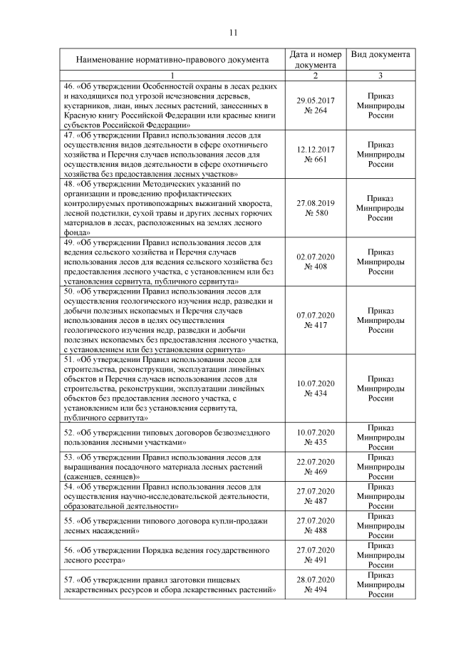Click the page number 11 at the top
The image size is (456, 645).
pos(233,32)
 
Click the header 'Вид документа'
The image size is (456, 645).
pos(380,54)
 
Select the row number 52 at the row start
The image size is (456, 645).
pos(69,433)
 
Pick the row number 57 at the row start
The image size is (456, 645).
pos(69,580)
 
